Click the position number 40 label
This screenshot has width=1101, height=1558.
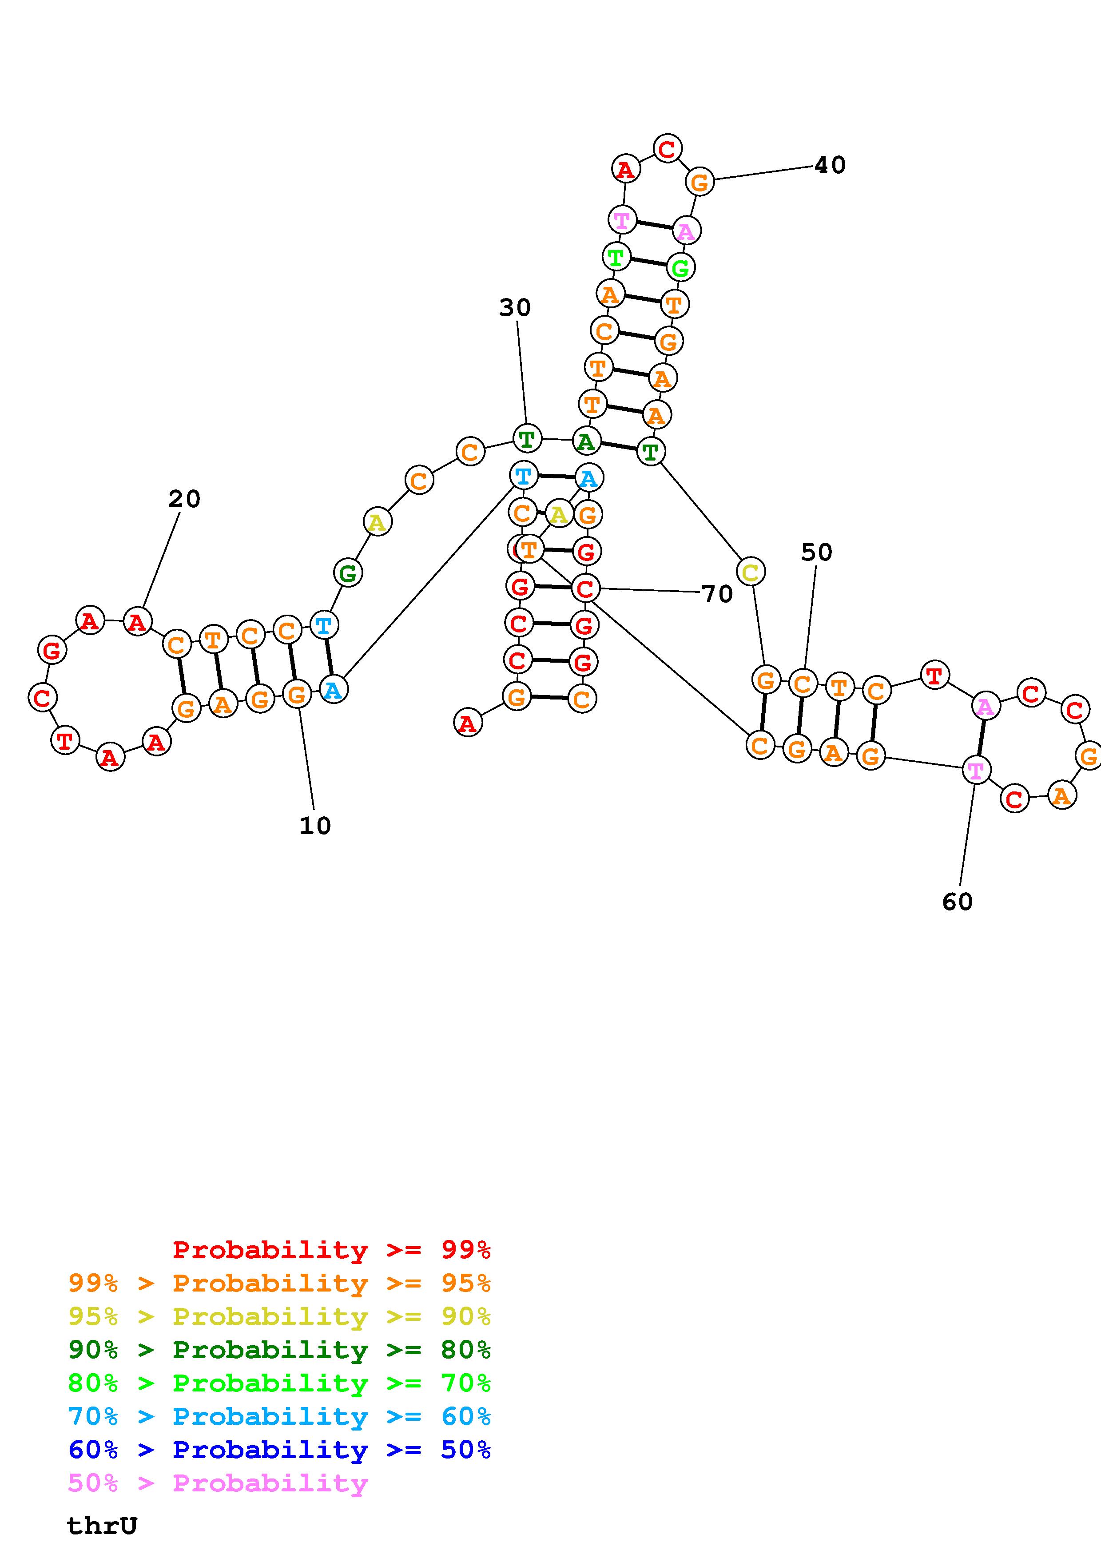(x=830, y=165)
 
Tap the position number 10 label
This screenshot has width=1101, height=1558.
(x=315, y=826)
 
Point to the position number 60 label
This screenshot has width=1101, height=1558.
(x=957, y=901)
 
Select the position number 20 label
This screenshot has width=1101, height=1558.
(x=184, y=499)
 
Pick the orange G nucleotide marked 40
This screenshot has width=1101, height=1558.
(x=700, y=182)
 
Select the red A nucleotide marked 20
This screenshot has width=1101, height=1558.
(x=138, y=621)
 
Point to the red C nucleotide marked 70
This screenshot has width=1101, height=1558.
(x=585, y=588)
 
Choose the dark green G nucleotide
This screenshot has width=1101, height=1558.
(x=347, y=573)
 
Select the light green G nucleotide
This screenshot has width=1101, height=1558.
(x=680, y=267)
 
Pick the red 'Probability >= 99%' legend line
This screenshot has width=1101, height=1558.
(x=331, y=1250)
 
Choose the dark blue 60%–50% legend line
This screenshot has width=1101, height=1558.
(x=279, y=1450)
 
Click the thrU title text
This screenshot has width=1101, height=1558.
(x=102, y=1526)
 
